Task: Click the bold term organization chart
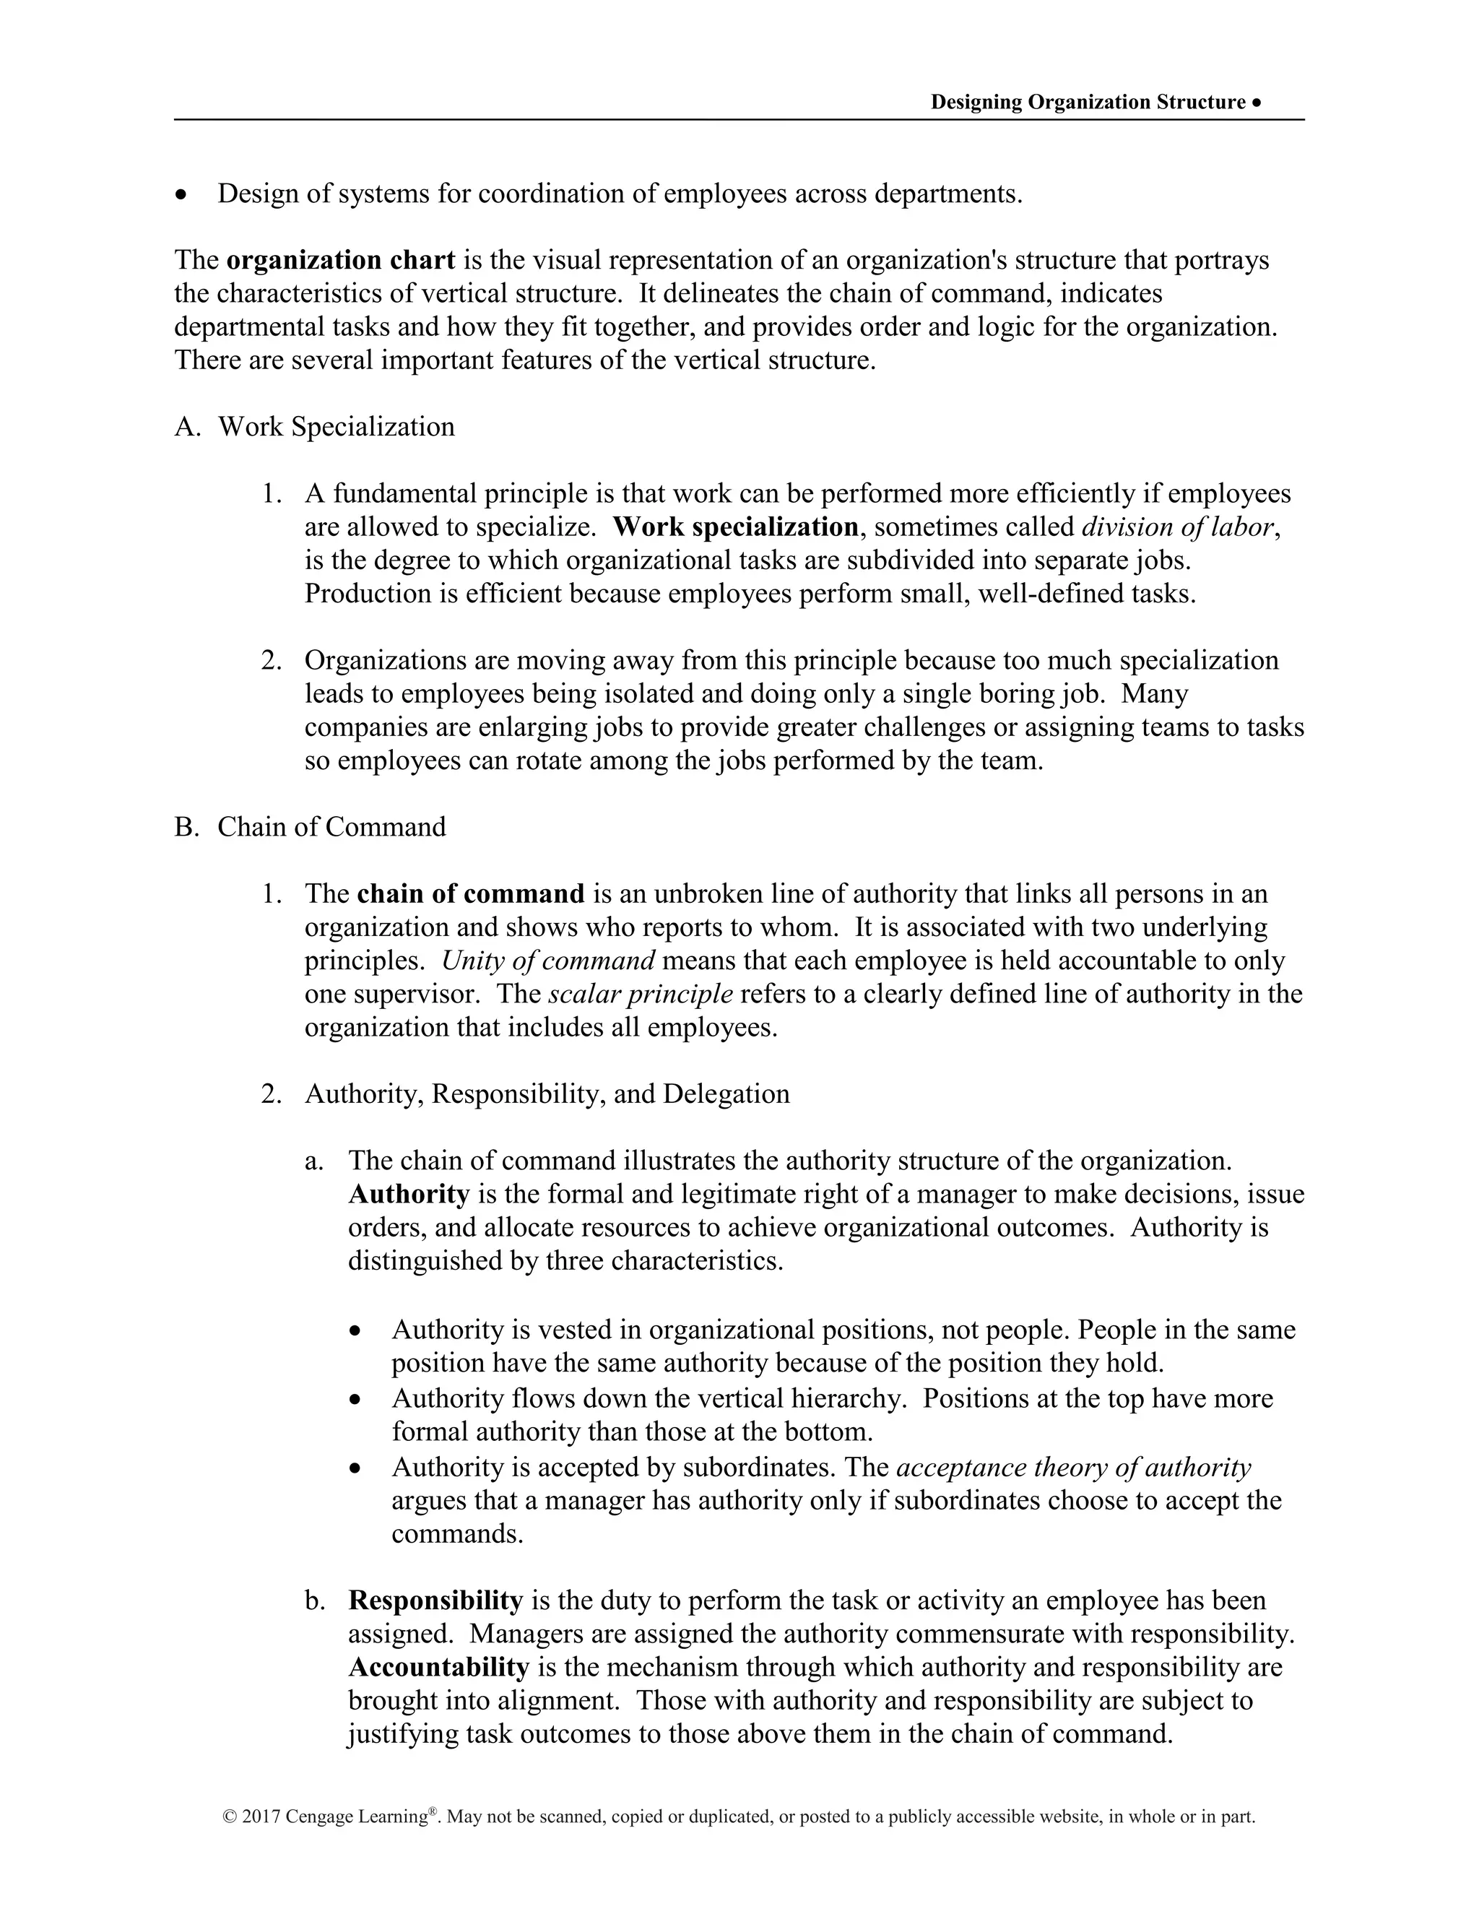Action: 340,260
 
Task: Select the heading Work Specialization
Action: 336,427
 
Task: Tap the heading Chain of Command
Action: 331,826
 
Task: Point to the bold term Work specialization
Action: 734,527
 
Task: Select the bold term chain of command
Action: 471,894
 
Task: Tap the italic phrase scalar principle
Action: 641,994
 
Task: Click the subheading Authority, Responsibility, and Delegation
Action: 547,1094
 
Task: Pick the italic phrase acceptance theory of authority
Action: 1073,1467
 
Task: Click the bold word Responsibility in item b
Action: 435,1601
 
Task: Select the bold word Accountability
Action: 438,1667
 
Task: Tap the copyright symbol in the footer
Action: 230,1818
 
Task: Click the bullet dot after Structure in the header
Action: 1257,103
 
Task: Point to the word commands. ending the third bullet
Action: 456,1533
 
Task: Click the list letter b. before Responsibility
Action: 315,1601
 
